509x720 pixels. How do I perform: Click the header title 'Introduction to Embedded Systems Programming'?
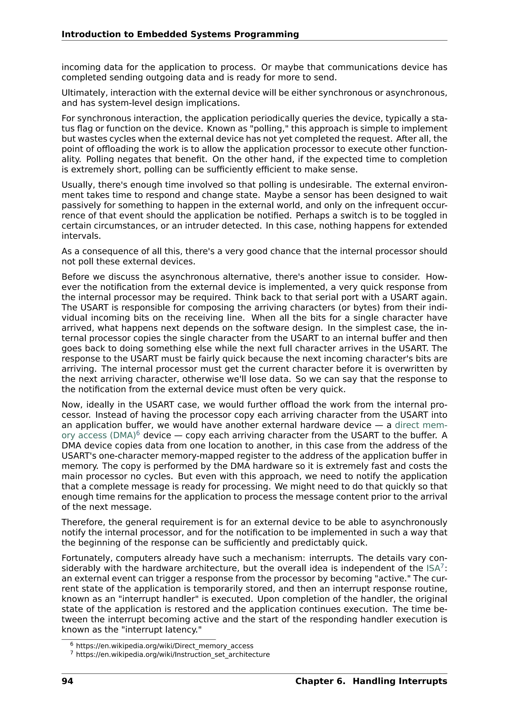(180, 34)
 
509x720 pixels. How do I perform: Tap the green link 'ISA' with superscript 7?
(433, 569)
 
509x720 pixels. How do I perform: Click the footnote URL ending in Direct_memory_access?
(165, 646)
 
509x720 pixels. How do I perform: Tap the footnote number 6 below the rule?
(72, 644)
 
